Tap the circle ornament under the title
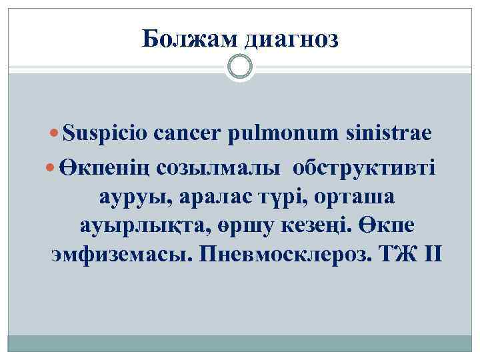point(240,67)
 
